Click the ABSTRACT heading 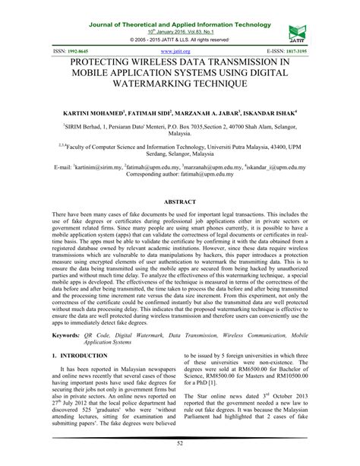(180, 202)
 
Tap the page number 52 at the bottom (180, 456)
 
